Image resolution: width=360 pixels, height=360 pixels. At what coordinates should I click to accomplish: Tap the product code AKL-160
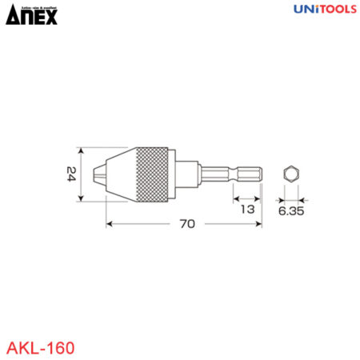tap(41, 348)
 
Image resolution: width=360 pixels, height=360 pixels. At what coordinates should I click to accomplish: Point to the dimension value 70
tap(187, 226)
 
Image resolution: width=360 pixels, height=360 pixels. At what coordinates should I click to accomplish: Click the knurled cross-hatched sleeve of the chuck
tap(153, 174)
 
